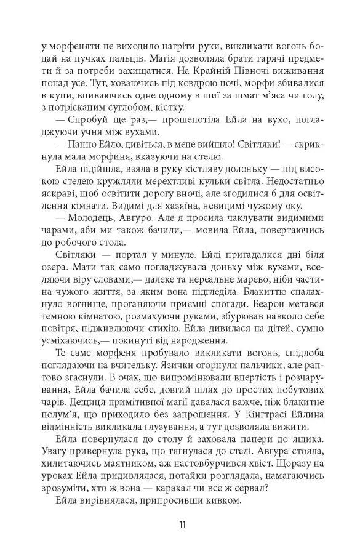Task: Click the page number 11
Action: pos(179,524)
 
